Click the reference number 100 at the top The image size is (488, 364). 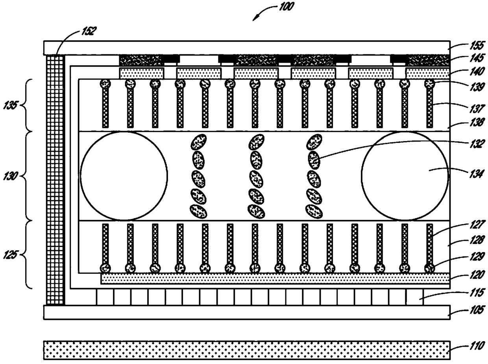286,6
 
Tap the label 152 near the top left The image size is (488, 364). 89,31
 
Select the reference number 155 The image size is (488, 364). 477,46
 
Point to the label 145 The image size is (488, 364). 477,58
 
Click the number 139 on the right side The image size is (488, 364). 477,87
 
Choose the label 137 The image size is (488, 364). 477,108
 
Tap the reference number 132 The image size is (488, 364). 477,144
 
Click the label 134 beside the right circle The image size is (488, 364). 477,174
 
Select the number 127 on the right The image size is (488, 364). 477,224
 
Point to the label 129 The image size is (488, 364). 477,256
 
